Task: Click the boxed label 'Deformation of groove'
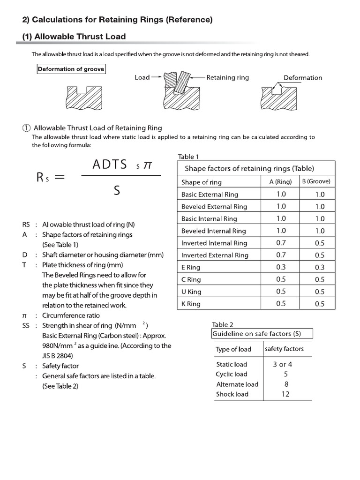point(71,69)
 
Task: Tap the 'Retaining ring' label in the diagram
point(228,77)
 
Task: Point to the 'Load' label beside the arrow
point(142,77)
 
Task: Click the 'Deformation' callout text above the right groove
point(303,77)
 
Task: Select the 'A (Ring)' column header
point(281,182)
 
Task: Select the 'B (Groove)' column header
point(316,182)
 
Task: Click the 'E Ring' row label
point(191,268)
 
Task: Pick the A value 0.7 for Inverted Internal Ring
point(281,243)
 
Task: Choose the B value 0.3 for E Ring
point(319,268)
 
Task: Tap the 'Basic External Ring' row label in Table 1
point(210,195)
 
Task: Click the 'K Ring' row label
point(191,304)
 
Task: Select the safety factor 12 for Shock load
point(285,394)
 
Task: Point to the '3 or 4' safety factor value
point(283,364)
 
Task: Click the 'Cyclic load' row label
point(232,374)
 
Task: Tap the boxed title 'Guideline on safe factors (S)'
point(256,334)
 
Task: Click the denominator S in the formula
point(117,190)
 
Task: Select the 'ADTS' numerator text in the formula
point(110,164)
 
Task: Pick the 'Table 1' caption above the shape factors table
point(188,157)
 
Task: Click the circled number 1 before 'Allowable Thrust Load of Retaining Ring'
point(27,128)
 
